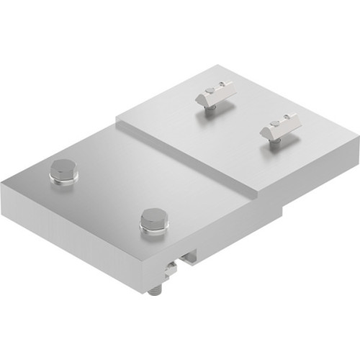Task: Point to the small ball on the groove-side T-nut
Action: click(209, 91)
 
